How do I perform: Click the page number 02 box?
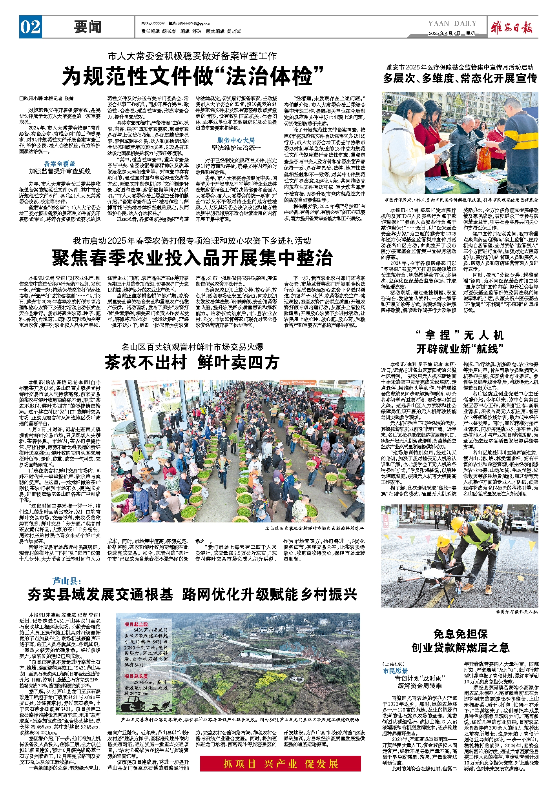point(30,27)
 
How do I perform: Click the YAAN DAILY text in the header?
point(452,24)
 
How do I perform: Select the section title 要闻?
point(88,27)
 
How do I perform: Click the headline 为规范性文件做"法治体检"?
point(193,76)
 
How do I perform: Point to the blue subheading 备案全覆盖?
point(60,164)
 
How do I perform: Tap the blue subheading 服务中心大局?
point(236,140)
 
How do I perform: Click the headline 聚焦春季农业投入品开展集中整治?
point(192,258)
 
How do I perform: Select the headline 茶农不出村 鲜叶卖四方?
point(192,362)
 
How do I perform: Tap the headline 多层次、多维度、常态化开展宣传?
point(460,78)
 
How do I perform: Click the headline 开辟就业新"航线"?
point(460,349)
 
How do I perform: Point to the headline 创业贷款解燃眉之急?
point(460,648)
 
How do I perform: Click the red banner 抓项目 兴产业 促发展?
point(280,764)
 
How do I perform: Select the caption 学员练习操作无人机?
point(516,612)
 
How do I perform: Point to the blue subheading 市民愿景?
point(395,671)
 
